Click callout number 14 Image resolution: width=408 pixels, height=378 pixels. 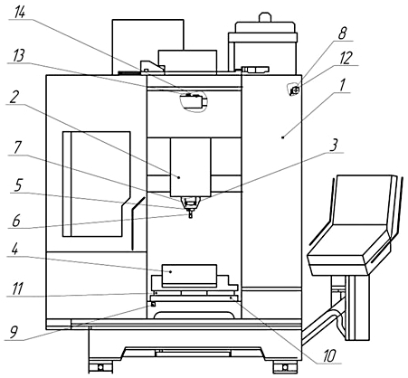pyautogui.click(x=20, y=12)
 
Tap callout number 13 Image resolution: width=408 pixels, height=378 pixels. pyautogui.click(x=19, y=56)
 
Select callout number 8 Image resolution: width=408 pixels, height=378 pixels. pyautogui.click(x=342, y=33)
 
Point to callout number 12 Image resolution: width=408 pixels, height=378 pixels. pyautogui.click(x=346, y=58)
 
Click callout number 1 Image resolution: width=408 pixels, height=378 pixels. pyautogui.click(x=342, y=85)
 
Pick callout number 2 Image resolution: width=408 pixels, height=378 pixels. pyautogui.click(x=14, y=97)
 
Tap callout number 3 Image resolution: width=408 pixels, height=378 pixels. pyautogui.click(x=333, y=146)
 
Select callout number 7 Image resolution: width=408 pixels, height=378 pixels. pyautogui.click(x=17, y=147)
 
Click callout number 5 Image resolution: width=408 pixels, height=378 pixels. pyautogui.click(x=18, y=185)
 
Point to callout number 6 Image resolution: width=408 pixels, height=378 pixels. pyautogui.click(x=16, y=221)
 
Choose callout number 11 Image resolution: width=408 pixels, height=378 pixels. pyautogui.click(x=17, y=288)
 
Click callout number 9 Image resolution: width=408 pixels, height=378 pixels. pyautogui.click(x=14, y=332)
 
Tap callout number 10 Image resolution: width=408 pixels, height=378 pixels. pyautogui.click(x=329, y=356)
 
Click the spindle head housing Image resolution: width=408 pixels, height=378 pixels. pyautogui.click(x=190, y=167)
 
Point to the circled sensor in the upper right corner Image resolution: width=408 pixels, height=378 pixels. pyautogui.click(x=294, y=90)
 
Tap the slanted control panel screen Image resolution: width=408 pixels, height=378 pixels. pyautogui.click(x=361, y=200)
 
